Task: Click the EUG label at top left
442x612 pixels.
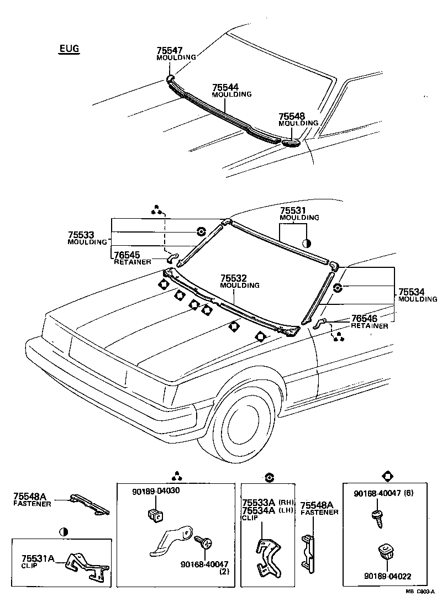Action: (69, 49)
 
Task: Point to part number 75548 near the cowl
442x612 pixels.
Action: (291, 116)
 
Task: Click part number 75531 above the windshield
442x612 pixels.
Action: (293, 211)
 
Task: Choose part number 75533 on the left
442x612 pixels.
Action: (81, 235)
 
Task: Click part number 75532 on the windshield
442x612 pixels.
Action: (234, 279)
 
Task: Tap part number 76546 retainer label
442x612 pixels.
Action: (364, 319)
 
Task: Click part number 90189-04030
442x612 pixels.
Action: (156, 490)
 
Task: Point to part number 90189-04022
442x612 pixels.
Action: (387, 576)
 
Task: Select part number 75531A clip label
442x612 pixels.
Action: (38, 558)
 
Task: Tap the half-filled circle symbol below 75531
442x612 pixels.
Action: (307, 242)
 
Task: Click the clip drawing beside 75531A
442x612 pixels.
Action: (87, 565)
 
